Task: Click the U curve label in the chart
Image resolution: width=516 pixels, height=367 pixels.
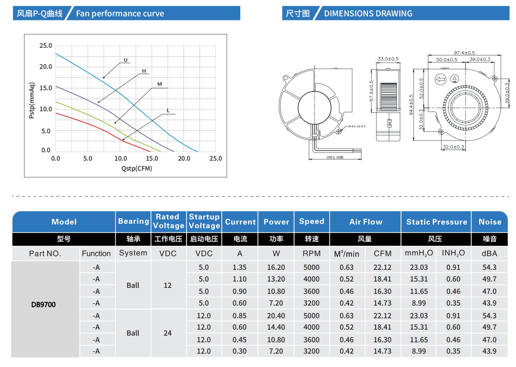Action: click(125, 60)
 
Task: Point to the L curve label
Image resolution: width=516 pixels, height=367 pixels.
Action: click(168, 111)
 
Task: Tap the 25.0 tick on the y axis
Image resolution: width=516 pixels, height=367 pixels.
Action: click(46, 45)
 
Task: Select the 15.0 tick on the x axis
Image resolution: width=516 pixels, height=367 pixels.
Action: click(152, 159)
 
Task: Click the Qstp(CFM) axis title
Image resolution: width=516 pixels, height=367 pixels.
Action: click(137, 169)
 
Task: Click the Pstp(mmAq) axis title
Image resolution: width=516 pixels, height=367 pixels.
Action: click(32, 100)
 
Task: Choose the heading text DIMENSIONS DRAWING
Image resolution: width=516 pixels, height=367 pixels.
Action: click(368, 14)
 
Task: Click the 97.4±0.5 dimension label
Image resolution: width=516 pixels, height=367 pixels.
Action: click(464, 53)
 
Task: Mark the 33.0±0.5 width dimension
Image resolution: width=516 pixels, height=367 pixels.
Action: click(388, 59)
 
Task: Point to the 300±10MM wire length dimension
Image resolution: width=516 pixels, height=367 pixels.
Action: click(335, 157)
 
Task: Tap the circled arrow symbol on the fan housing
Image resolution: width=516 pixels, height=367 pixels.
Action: click(440, 79)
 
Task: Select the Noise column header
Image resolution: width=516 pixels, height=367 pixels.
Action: click(490, 222)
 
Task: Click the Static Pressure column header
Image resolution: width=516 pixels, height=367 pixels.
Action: click(437, 222)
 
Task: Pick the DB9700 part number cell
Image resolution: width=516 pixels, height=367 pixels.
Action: click(44, 305)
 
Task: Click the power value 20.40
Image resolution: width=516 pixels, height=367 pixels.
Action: click(276, 316)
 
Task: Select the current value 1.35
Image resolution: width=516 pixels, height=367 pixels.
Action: click(240, 267)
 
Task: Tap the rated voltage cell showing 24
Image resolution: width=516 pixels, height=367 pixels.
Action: click(168, 333)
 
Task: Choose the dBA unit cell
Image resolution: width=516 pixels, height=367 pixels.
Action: click(489, 253)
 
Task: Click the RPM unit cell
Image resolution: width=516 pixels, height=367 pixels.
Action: click(312, 253)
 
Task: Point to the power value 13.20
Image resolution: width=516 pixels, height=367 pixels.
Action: click(276, 279)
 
